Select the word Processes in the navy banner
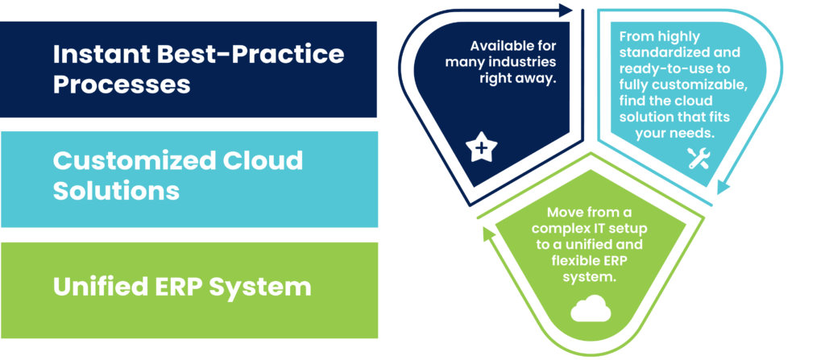(x=122, y=84)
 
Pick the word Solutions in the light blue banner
(x=116, y=190)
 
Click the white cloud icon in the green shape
(x=591, y=308)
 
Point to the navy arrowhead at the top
(x=566, y=10)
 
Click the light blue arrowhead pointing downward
(x=724, y=187)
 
